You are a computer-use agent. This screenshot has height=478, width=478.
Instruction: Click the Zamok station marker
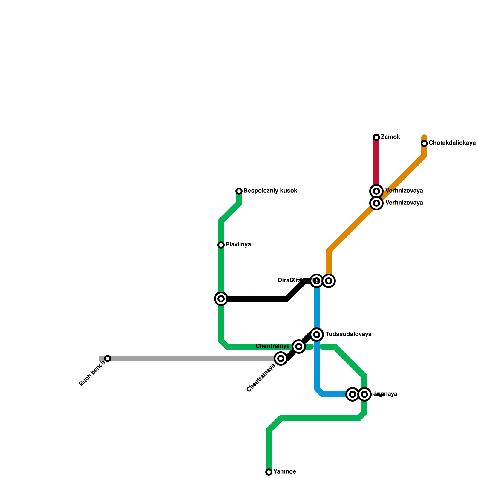point(376,137)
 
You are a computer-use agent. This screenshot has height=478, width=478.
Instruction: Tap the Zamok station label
point(390,137)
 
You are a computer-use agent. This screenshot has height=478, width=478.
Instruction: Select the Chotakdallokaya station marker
point(424,143)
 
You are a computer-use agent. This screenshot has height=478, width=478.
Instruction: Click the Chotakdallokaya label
point(452,143)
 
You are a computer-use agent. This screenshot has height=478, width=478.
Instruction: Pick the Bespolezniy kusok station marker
point(239,191)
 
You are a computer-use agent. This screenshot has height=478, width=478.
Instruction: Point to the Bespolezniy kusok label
point(270,191)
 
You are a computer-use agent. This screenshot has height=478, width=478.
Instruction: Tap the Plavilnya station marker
point(221,245)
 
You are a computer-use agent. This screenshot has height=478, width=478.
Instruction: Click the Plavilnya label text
point(238,245)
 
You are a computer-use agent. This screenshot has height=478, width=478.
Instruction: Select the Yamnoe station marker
point(269,472)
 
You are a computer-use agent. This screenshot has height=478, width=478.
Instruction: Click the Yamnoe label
point(285,472)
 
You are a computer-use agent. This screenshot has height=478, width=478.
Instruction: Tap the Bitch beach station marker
point(108,358)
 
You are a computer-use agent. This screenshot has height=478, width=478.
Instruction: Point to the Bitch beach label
point(92,373)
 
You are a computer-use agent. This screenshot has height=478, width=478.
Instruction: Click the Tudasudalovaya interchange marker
point(317,334)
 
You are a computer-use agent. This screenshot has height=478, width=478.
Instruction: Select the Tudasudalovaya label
point(348,334)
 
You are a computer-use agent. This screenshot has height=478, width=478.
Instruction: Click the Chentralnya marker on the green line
point(299,347)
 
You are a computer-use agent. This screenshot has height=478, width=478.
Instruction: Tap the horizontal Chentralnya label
point(273,347)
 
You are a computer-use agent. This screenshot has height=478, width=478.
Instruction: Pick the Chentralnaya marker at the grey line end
point(281,358)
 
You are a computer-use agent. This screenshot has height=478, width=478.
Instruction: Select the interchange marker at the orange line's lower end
point(329,281)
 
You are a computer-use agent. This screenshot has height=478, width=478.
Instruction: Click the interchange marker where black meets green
point(221,299)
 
